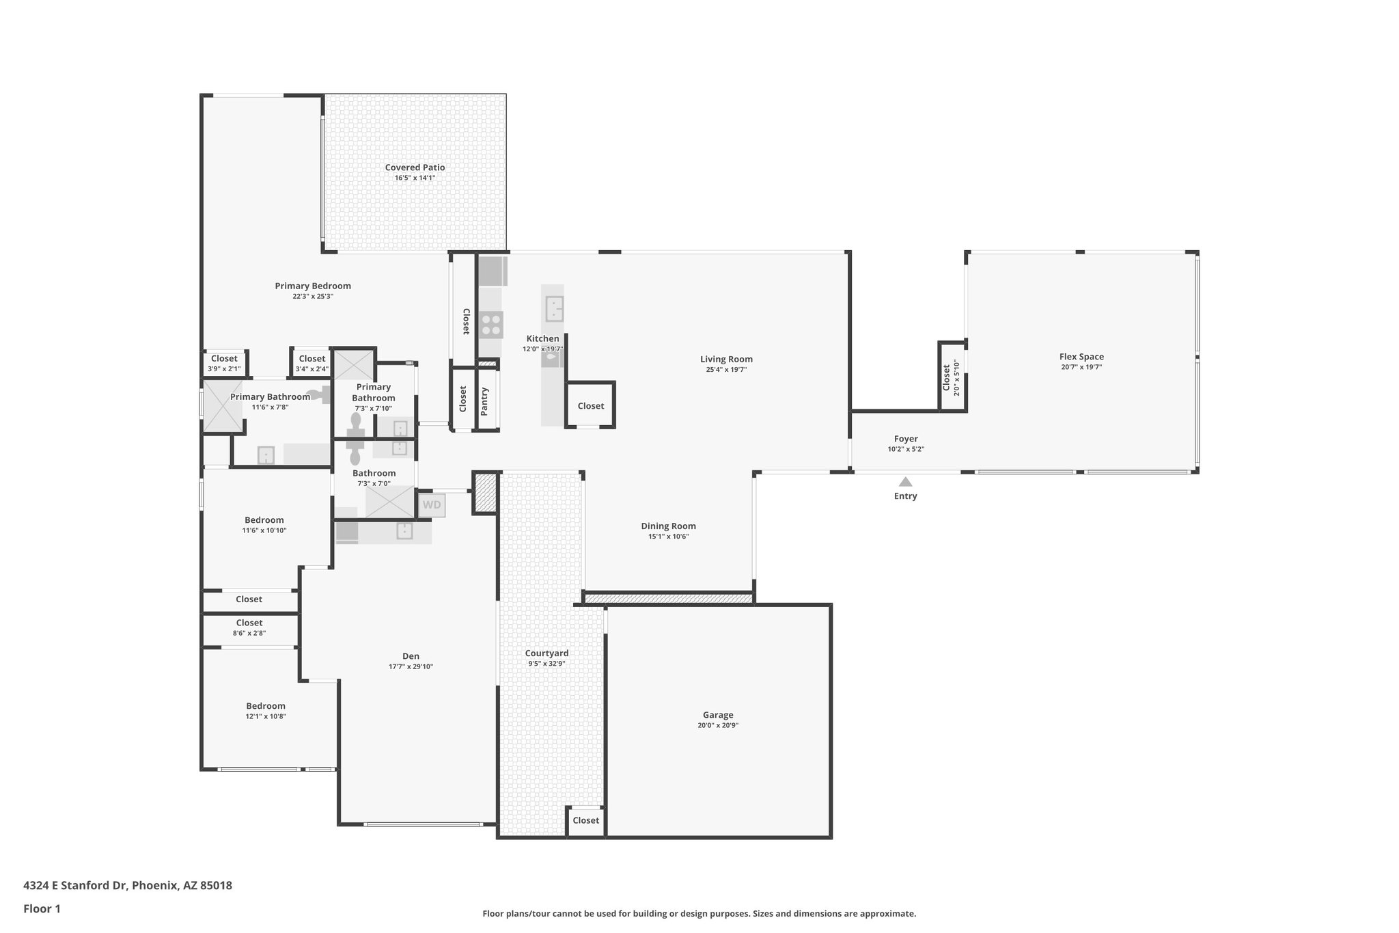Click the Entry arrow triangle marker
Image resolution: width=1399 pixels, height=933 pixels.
click(x=905, y=482)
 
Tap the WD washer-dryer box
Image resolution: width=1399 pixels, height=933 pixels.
click(x=432, y=506)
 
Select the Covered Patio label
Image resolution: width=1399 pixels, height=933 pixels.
click(x=415, y=167)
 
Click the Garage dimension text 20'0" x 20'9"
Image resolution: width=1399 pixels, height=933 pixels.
click(x=718, y=725)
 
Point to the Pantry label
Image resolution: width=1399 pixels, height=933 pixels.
click(x=485, y=401)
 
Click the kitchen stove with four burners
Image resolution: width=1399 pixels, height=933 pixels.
click(x=490, y=325)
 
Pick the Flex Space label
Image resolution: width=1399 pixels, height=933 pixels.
click(x=1081, y=356)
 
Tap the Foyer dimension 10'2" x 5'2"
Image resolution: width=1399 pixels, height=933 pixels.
click(x=906, y=449)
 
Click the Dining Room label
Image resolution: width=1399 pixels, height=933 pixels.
click(x=668, y=526)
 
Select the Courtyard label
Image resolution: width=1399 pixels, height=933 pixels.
click(x=546, y=653)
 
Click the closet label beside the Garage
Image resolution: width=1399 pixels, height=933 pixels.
click(x=585, y=820)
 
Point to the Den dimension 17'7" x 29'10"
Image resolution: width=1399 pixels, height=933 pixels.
click(x=411, y=666)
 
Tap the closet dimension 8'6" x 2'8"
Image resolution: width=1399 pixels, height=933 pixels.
click(x=249, y=633)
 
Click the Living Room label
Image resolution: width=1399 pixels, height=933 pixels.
click(x=726, y=359)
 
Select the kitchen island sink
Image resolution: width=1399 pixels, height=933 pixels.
click(x=554, y=309)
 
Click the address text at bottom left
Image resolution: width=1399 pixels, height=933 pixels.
click(x=128, y=886)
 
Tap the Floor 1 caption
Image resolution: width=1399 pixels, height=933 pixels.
click(x=42, y=908)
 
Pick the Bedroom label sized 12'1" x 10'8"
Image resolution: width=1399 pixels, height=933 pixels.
click(x=266, y=706)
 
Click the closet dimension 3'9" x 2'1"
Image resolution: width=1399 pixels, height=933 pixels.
click(x=224, y=369)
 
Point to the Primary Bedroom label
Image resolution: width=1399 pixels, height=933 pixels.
click(x=313, y=286)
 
